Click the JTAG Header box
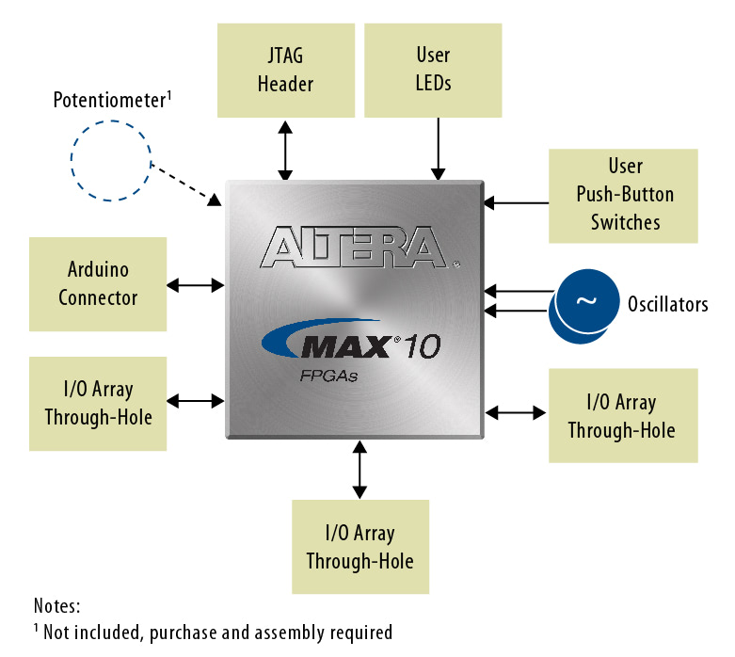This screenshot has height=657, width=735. click(x=285, y=70)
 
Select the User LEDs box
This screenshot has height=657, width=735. click(x=433, y=70)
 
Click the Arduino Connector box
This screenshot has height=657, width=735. click(x=98, y=284)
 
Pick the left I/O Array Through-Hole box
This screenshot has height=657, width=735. click(x=98, y=403)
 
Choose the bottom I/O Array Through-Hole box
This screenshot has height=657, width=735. click(x=360, y=547)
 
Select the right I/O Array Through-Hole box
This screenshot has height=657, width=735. click(x=622, y=415)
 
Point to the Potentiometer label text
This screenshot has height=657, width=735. click(x=112, y=101)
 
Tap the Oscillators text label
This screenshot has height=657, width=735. click(x=667, y=303)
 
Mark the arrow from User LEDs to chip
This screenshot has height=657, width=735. click(x=438, y=149)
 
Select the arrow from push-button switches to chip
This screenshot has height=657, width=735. click(x=515, y=201)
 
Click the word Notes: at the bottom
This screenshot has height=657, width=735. click(x=57, y=605)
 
